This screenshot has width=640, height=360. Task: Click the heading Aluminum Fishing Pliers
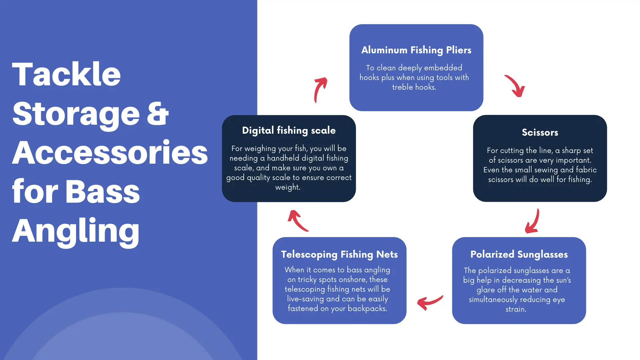tap(416, 50)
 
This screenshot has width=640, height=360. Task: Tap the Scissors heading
tap(540, 132)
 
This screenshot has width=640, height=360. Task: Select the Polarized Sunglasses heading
tap(519, 254)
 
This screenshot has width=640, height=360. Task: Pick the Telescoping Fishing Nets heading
tap(339, 254)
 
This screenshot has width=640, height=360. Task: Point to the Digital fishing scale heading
tap(289, 130)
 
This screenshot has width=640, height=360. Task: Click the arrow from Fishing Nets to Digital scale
tap(298, 221)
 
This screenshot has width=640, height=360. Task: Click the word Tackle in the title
tap(66, 74)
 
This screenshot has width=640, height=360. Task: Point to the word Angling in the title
tap(76, 231)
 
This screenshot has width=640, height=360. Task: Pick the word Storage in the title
tap(76, 114)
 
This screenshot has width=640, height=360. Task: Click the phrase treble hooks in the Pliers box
tap(414, 87)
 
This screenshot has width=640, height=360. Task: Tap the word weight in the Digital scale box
tap(288, 188)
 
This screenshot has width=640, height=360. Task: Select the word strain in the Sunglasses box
tap(516, 309)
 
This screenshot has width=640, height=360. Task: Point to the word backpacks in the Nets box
tap(367, 309)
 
